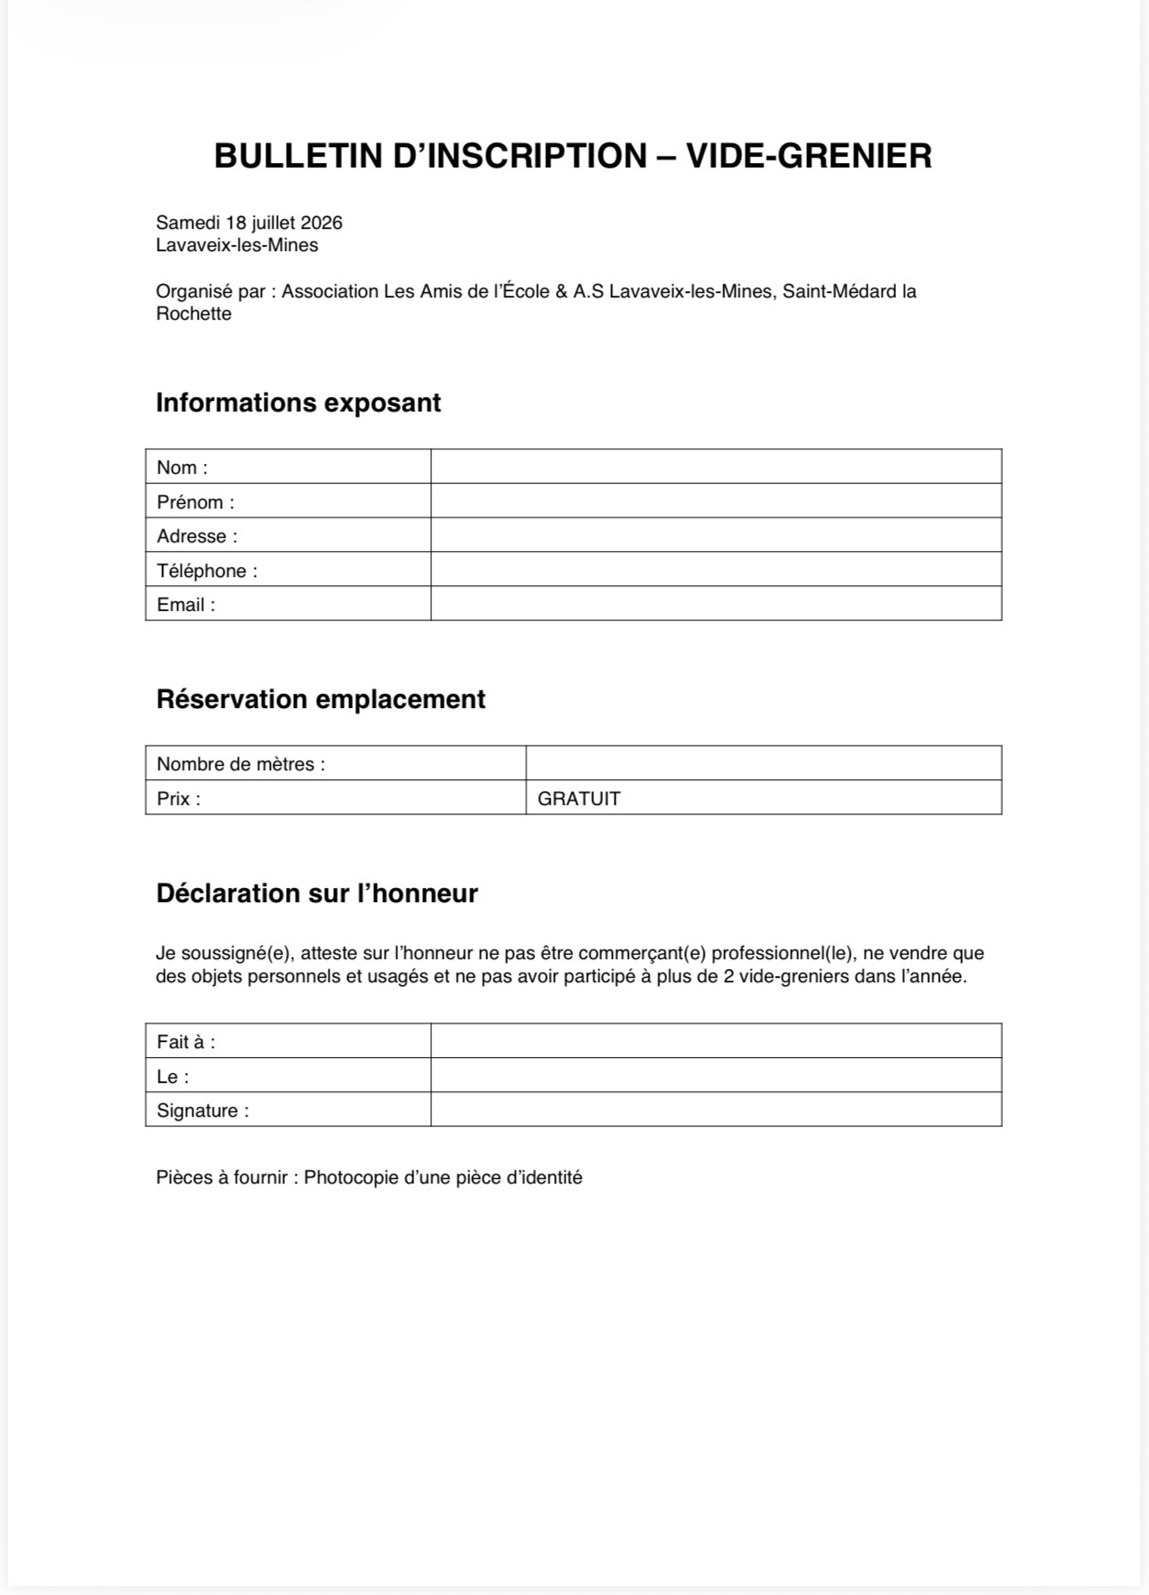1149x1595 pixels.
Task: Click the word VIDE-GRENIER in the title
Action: click(x=809, y=157)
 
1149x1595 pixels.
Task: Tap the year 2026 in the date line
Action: click(x=322, y=223)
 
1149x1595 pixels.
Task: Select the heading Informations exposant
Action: click(x=298, y=403)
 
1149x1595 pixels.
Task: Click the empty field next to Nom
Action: click(x=715, y=467)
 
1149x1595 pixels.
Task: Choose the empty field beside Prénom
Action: click(x=715, y=500)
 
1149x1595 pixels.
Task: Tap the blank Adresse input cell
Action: click(x=715, y=535)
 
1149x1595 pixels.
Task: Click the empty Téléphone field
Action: click(x=715, y=569)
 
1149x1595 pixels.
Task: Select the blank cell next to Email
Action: click(x=715, y=604)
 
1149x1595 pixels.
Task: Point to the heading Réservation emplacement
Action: click(x=321, y=699)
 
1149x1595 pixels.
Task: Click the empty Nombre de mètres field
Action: click(x=763, y=763)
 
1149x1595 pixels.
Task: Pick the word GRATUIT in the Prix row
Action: click(x=579, y=798)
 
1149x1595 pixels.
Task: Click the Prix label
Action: click(x=178, y=798)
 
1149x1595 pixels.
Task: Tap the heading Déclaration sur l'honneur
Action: click(x=317, y=893)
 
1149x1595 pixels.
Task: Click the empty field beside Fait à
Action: click(x=715, y=1041)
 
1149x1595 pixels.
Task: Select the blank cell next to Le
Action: click(x=715, y=1075)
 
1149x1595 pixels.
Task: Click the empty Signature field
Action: click(x=715, y=1110)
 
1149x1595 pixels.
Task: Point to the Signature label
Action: click(x=202, y=1111)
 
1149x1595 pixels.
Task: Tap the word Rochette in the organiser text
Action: click(x=193, y=313)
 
